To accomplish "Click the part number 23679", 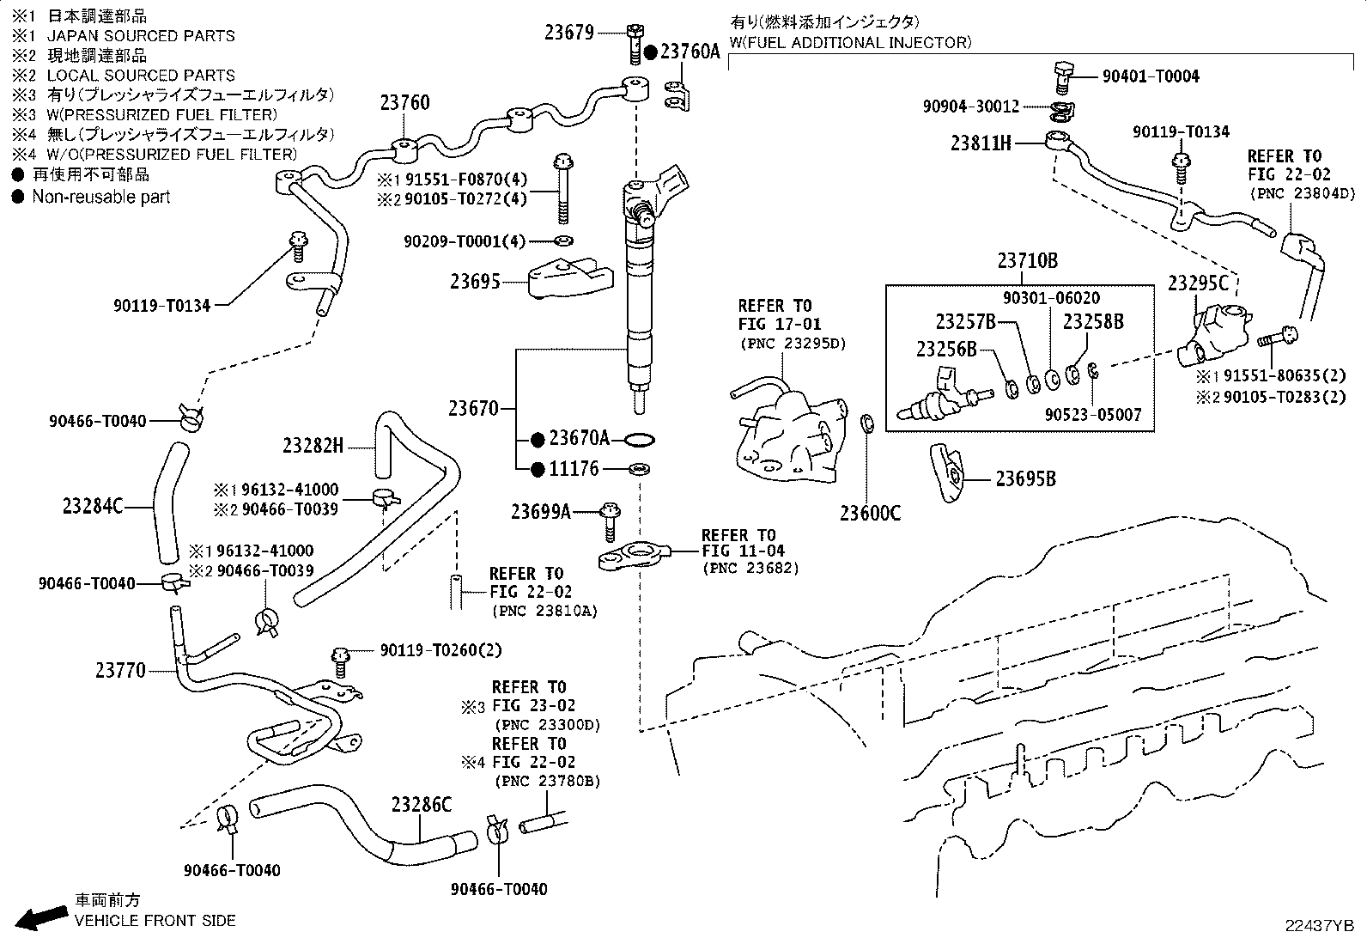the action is pyautogui.click(x=568, y=33).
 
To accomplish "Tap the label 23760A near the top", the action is pyautogui.click(x=690, y=52).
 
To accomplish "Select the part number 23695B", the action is pyautogui.click(x=1025, y=478).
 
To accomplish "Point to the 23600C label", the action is pyautogui.click(x=870, y=513).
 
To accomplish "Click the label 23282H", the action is pyautogui.click(x=313, y=446).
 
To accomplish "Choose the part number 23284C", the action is pyautogui.click(x=93, y=506).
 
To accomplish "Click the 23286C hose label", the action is pyautogui.click(x=421, y=805).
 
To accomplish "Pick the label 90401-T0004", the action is pyautogui.click(x=1151, y=76).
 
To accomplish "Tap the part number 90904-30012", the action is pyautogui.click(x=971, y=107).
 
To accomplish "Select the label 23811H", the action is pyautogui.click(x=981, y=143).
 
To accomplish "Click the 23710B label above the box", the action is pyautogui.click(x=1028, y=261).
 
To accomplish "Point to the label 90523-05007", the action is pyautogui.click(x=1092, y=415).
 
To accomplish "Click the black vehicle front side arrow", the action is pyautogui.click(x=41, y=917).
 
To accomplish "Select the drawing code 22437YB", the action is pyautogui.click(x=1320, y=926).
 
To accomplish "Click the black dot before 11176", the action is pyautogui.click(x=538, y=469).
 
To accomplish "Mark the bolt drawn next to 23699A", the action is pyautogui.click(x=610, y=522).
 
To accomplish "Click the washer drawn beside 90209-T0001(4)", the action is pyautogui.click(x=564, y=241).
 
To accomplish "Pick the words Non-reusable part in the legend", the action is pyautogui.click(x=100, y=197).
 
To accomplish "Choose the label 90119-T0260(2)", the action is pyautogui.click(x=440, y=650).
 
